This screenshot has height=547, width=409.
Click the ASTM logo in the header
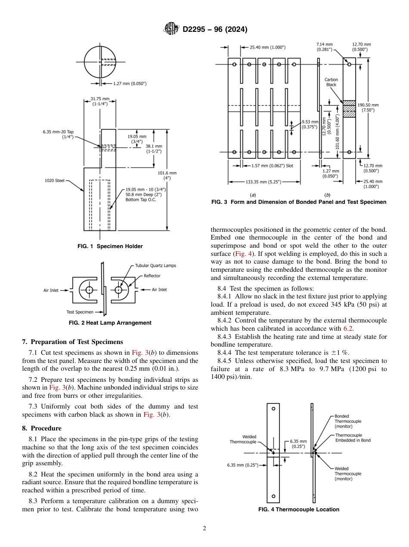pyautogui.click(x=172, y=29)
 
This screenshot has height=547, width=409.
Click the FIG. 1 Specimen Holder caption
pyautogui.click(x=110, y=246)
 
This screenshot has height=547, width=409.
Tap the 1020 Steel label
pyautogui.click(x=55, y=181)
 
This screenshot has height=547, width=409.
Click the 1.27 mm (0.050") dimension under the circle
pyautogui.click(x=130, y=83)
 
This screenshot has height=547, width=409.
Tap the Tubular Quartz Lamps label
pyautogui.click(x=155, y=266)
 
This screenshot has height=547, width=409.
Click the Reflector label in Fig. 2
pyautogui.click(x=152, y=276)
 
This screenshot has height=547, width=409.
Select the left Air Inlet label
pyautogui.click(x=51, y=290)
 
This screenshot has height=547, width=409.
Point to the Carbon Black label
pyautogui.click(x=331, y=82)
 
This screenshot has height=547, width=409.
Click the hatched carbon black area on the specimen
pyautogui.click(x=349, y=109)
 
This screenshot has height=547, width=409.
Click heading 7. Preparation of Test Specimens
pyautogui.click(x=72, y=342)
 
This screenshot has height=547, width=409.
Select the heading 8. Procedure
pyautogui.click(x=42, y=428)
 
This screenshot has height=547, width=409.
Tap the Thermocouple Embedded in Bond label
pyautogui.click(x=353, y=438)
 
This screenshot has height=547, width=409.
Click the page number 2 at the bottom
pyautogui.click(x=204, y=529)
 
